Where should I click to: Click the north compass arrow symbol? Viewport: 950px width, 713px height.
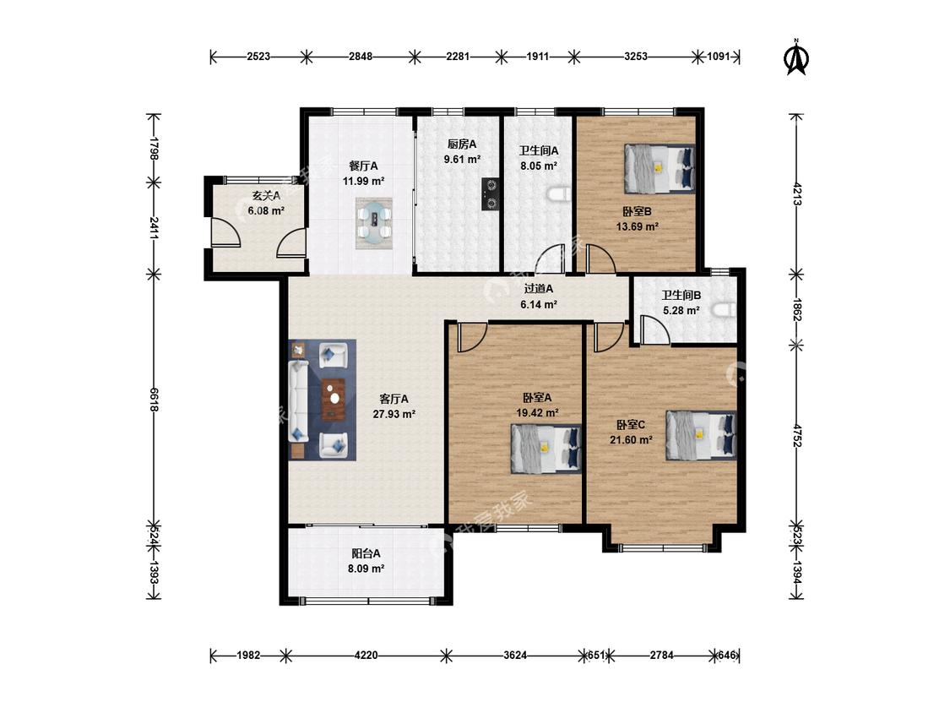tap(796, 57)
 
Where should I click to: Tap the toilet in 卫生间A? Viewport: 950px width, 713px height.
tap(559, 194)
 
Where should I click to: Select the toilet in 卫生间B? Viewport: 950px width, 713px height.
tap(724, 310)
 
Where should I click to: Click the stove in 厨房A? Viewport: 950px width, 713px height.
tap(490, 194)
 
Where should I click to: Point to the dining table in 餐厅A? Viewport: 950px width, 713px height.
tap(374, 223)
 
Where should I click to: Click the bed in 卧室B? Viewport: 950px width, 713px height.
tap(660, 168)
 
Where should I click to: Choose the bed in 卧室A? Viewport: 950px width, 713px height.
tap(546, 449)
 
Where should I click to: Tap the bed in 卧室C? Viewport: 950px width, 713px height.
tap(701, 435)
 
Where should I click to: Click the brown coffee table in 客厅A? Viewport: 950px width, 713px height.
tap(333, 399)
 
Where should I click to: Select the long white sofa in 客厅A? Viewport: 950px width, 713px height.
tap(299, 401)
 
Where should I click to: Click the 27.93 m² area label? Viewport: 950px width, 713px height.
tap(394, 414)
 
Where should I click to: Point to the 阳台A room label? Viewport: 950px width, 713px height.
tap(366, 553)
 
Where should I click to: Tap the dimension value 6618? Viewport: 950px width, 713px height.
tap(154, 400)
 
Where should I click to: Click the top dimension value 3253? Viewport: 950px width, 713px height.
tap(636, 57)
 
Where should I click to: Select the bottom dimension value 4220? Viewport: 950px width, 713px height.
tap(366, 655)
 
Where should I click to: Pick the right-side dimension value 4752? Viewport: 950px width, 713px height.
tap(796, 435)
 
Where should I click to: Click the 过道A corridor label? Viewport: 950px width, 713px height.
tap(539, 289)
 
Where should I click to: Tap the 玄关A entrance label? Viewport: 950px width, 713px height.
tap(266, 196)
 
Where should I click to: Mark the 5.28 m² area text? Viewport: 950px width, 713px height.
tap(681, 310)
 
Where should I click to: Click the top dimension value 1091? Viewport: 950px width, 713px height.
tap(719, 57)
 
